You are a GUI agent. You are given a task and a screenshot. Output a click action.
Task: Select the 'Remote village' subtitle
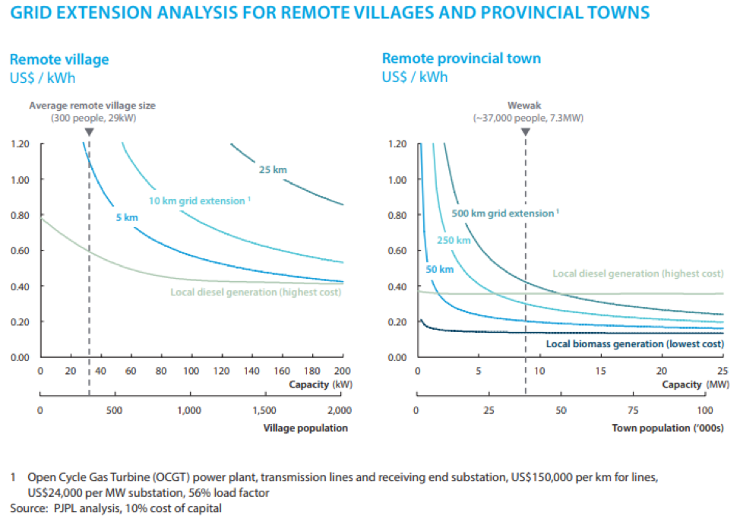click(59, 59)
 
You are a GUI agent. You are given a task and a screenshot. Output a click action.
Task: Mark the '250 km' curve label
click(454, 241)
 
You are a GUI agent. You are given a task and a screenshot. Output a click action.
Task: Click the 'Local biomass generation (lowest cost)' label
click(634, 343)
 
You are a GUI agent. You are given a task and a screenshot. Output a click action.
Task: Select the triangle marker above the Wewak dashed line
click(526, 131)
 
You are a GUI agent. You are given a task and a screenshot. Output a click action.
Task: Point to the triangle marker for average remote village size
click(89, 131)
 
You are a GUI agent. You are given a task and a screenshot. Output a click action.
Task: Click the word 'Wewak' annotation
click(524, 107)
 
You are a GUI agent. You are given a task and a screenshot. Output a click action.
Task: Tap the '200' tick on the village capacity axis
click(342, 372)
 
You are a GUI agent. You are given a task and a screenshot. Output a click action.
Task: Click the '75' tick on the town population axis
click(634, 410)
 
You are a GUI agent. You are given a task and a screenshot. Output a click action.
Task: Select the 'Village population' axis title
click(305, 428)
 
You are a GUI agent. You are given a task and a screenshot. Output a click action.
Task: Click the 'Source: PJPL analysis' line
click(116, 508)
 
